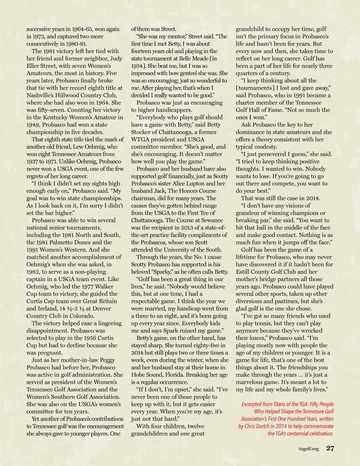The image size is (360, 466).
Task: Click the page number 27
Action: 330,448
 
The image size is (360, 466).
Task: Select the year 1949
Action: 33,125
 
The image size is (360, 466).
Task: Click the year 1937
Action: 33,161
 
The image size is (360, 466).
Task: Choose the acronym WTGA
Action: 140,140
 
